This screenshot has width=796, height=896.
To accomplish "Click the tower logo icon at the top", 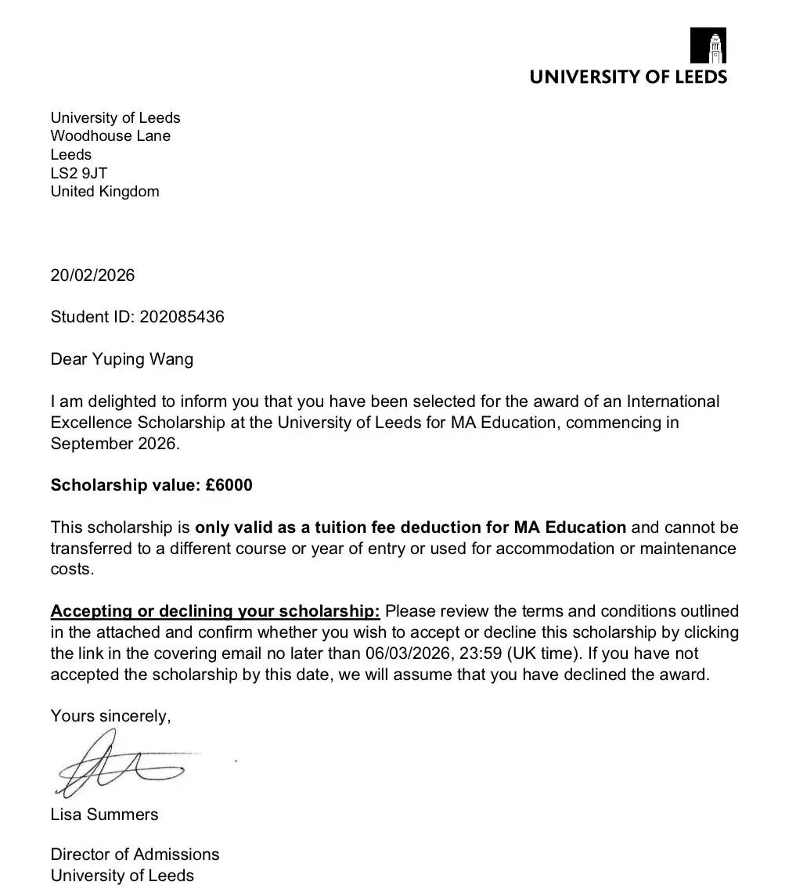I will coord(708,45).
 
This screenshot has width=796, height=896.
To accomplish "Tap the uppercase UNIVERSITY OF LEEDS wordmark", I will coord(628,77).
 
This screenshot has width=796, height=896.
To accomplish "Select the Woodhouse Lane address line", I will coord(110,136).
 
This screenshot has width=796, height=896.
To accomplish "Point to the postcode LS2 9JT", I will coord(78,173).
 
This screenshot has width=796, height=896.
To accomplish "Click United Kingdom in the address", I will coord(105,192).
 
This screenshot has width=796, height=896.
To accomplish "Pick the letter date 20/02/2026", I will coord(92,275).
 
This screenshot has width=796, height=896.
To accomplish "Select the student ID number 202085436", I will coord(182,317).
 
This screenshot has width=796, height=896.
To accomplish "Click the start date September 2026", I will coord(114,444).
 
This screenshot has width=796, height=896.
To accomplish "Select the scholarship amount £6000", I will coord(229,485).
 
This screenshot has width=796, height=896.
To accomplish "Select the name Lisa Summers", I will coord(104,815).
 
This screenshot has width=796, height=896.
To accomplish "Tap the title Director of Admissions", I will coord(135,855).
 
